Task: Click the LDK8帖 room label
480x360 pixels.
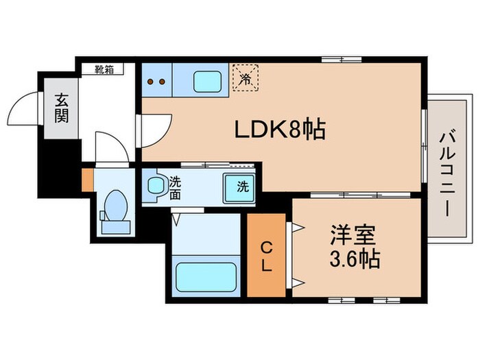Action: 280,130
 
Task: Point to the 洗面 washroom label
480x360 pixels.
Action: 176,186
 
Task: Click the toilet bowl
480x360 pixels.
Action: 115,206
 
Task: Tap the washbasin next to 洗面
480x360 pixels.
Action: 155,186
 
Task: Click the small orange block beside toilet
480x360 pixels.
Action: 87,179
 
